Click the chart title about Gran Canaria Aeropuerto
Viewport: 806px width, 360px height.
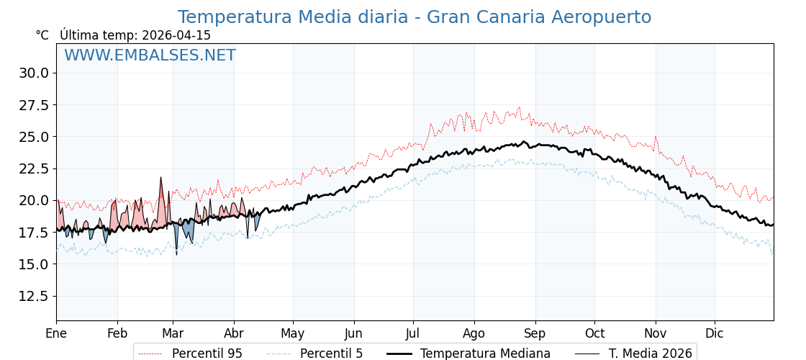click(x=415, y=17)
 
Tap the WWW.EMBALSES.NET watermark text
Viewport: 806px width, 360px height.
click(x=150, y=55)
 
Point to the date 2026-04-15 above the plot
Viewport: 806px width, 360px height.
click(x=176, y=35)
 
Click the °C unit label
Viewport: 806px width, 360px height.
click(x=42, y=35)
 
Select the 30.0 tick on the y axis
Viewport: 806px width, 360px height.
click(x=34, y=73)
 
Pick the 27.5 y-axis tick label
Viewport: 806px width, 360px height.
click(x=34, y=105)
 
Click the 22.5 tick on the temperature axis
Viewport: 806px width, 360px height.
click(x=34, y=168)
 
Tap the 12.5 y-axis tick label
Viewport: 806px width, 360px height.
click(x=34, y=296)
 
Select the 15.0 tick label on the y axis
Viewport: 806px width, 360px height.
click(x=34, y=264)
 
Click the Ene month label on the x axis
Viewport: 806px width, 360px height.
click(x=56, y=333)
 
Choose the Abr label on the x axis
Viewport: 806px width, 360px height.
click(x=234, y=333)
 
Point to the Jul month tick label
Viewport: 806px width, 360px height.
click(x=413, y=333)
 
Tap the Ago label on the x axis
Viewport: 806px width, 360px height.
click(x=474, y=333)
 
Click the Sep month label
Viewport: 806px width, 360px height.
click(x=535, y=333)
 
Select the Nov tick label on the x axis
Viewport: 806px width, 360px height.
click(x=656, y=333)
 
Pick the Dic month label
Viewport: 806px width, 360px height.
click(x=715, y=333)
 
